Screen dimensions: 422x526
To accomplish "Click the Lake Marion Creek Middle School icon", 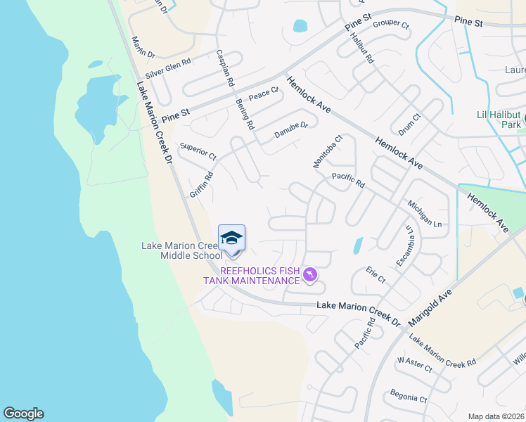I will (x=231, y=239).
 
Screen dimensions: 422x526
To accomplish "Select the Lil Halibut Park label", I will (x=496, y=120).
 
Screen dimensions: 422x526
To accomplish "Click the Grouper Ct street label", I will (x=391, y=24).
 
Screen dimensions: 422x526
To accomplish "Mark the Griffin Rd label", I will (x=200, y=186).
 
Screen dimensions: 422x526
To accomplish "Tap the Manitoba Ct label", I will (x=327, y=152).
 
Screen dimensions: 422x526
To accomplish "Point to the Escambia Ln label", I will (x=404, y=246).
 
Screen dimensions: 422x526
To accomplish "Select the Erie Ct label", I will (x=376, y=275).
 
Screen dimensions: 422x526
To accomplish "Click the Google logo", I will (x=23, y=414).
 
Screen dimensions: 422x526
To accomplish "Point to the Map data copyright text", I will (x=495, y=416).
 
